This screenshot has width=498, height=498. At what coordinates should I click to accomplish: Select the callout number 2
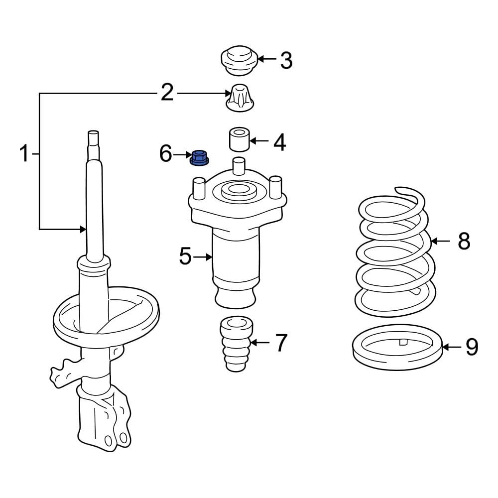[167, 93]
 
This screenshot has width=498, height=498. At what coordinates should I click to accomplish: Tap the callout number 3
[286, 60]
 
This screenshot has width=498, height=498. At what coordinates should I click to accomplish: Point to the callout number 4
[279, 142]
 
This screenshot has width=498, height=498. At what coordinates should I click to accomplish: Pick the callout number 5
[185, 257]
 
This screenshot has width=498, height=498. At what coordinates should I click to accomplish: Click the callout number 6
[166, 154]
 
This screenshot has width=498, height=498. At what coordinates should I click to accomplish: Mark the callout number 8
[464, 242]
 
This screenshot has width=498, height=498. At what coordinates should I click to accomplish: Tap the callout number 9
[471, 347]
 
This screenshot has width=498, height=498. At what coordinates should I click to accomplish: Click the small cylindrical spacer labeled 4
[239, 139]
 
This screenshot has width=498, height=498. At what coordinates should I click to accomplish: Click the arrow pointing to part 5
[203, 257]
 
